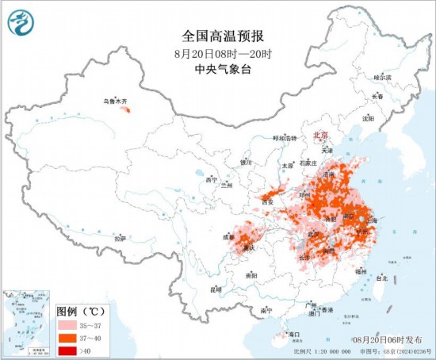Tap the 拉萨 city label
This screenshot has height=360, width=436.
[120, 238]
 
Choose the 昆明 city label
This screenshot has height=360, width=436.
[216, 289]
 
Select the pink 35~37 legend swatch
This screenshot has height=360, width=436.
[69, 325]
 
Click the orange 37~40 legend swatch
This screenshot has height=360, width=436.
[69, 336]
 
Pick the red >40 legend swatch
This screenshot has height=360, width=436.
[69, 348]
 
